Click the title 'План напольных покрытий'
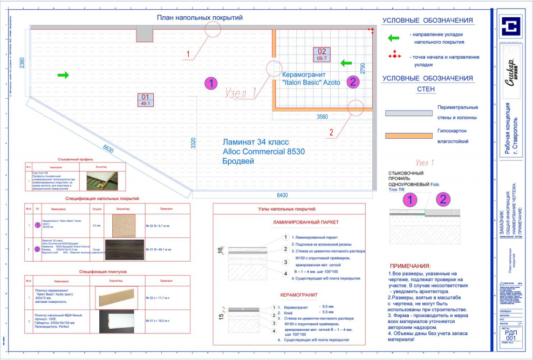pos(200,17)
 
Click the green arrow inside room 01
pos(63,75)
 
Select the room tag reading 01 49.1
pos(146,100)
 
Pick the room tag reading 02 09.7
pos(322,54)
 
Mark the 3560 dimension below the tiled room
pos(322,117)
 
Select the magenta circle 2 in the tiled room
pos(352,82)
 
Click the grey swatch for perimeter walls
pos(408,113)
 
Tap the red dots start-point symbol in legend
pos(395,55)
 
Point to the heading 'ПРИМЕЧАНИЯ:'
pos(410,267)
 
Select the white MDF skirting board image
pos(116,319)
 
